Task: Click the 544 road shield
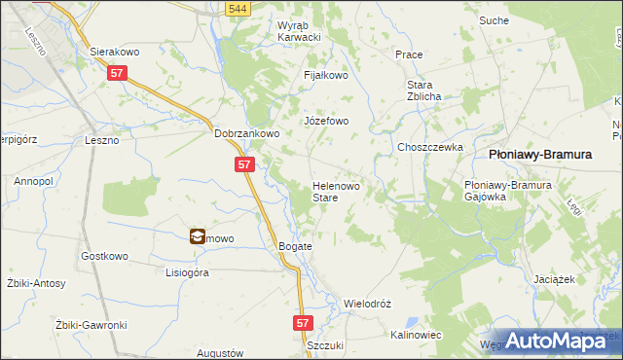(235, 9)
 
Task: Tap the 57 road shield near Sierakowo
(118, 72)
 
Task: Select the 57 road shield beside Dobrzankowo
(244, 164)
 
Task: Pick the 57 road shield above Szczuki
(303, 321)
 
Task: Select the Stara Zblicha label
(425, 90)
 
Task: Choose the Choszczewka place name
(428, 147)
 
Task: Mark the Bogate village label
(296, 246)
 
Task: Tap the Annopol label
(32, 181)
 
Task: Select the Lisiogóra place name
(188, 273)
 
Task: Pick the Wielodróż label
(367, 304)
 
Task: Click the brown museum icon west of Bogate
(197, 235)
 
